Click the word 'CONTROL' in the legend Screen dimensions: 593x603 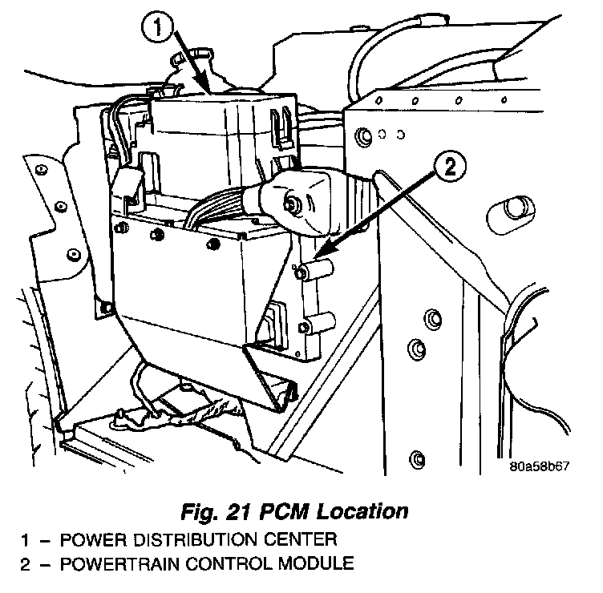pyautogui.click(x=221, y=563)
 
